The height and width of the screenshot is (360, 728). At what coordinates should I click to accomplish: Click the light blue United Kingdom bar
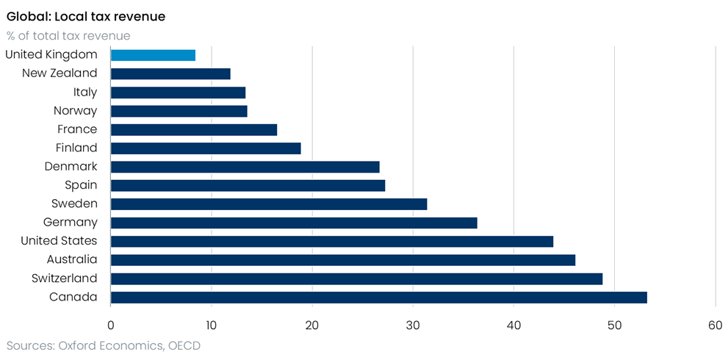click(153, 55)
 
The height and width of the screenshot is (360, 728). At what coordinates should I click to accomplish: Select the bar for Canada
click(379, 298)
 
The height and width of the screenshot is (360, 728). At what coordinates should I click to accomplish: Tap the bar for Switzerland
click(356, 278)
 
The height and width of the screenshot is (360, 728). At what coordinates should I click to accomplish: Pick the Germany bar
click(294, 223)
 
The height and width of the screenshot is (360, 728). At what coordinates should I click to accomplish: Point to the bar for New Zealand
click(170, 74)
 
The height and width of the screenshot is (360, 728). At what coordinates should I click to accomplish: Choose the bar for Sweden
click(269, 204)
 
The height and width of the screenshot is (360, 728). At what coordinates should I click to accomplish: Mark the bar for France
click(194, 129)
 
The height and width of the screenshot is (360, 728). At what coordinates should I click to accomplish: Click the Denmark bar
click(245, 167)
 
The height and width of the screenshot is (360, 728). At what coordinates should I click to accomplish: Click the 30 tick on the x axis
click(413, 325)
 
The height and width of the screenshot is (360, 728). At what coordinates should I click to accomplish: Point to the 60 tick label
click(715, 325)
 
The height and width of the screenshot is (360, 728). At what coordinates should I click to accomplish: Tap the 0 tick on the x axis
click(110, 325)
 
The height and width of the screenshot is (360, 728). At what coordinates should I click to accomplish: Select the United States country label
click(59, 241)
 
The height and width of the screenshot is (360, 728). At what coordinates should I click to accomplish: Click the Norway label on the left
click(75, 111)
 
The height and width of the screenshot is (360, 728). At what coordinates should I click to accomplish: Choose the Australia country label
click(72, 259)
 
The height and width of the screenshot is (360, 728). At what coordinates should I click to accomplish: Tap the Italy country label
click(85, 93)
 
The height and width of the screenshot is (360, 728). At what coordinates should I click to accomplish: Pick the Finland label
click(76, 148)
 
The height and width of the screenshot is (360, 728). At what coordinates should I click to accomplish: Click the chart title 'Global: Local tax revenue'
click(86, 17)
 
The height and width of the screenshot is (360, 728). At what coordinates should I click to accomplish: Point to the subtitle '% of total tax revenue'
click(68, 36)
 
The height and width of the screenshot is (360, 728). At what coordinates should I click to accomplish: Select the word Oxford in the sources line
click(73, 345)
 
